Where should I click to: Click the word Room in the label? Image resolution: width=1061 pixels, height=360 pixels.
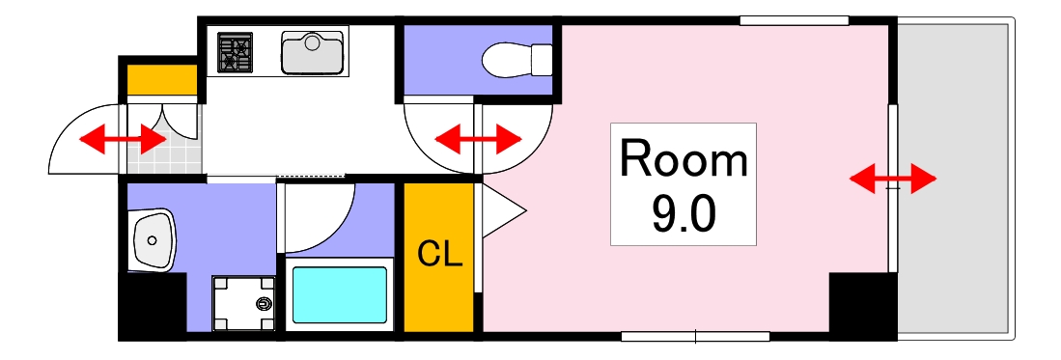(684, 159)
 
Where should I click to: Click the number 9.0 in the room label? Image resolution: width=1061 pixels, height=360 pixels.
(684, 215)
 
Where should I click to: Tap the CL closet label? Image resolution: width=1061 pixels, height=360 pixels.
(440, 255)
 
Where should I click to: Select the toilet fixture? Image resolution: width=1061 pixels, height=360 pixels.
(517, 60)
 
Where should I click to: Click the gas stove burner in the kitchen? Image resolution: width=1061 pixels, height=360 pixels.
(235, 53)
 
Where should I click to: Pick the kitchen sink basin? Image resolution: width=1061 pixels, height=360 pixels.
(313, 52)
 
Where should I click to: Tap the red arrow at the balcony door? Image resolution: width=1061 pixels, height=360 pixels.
(892, 179)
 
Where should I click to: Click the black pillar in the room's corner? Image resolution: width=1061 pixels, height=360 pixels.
(861, 305)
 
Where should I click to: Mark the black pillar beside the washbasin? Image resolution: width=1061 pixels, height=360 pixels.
(151, 306)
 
